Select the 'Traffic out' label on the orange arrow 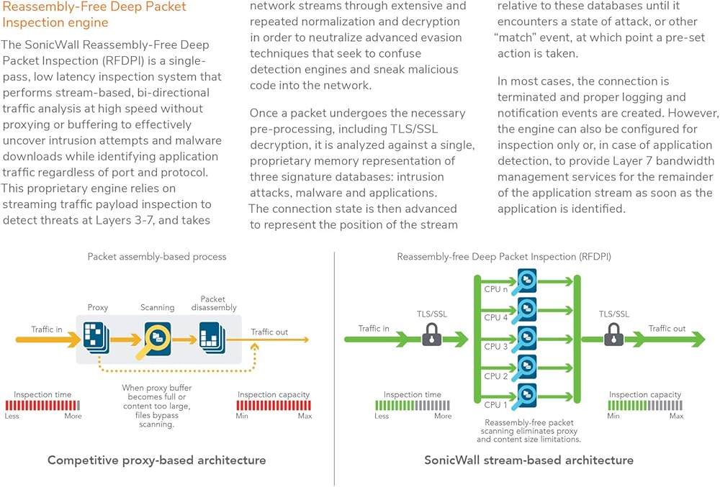click(x=269, y=332)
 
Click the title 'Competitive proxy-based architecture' click(x=156, y=460)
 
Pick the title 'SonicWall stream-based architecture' click(x=528, y=460)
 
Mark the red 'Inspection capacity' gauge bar click(x=274, y=406)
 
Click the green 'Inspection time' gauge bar click(x=413, y=406)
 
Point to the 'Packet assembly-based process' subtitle click(x=157, y=257)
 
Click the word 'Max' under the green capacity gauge click(x=676, y=417)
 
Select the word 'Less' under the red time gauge click(x=12, y=417)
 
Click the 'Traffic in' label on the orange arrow click(x=46, y=329)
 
